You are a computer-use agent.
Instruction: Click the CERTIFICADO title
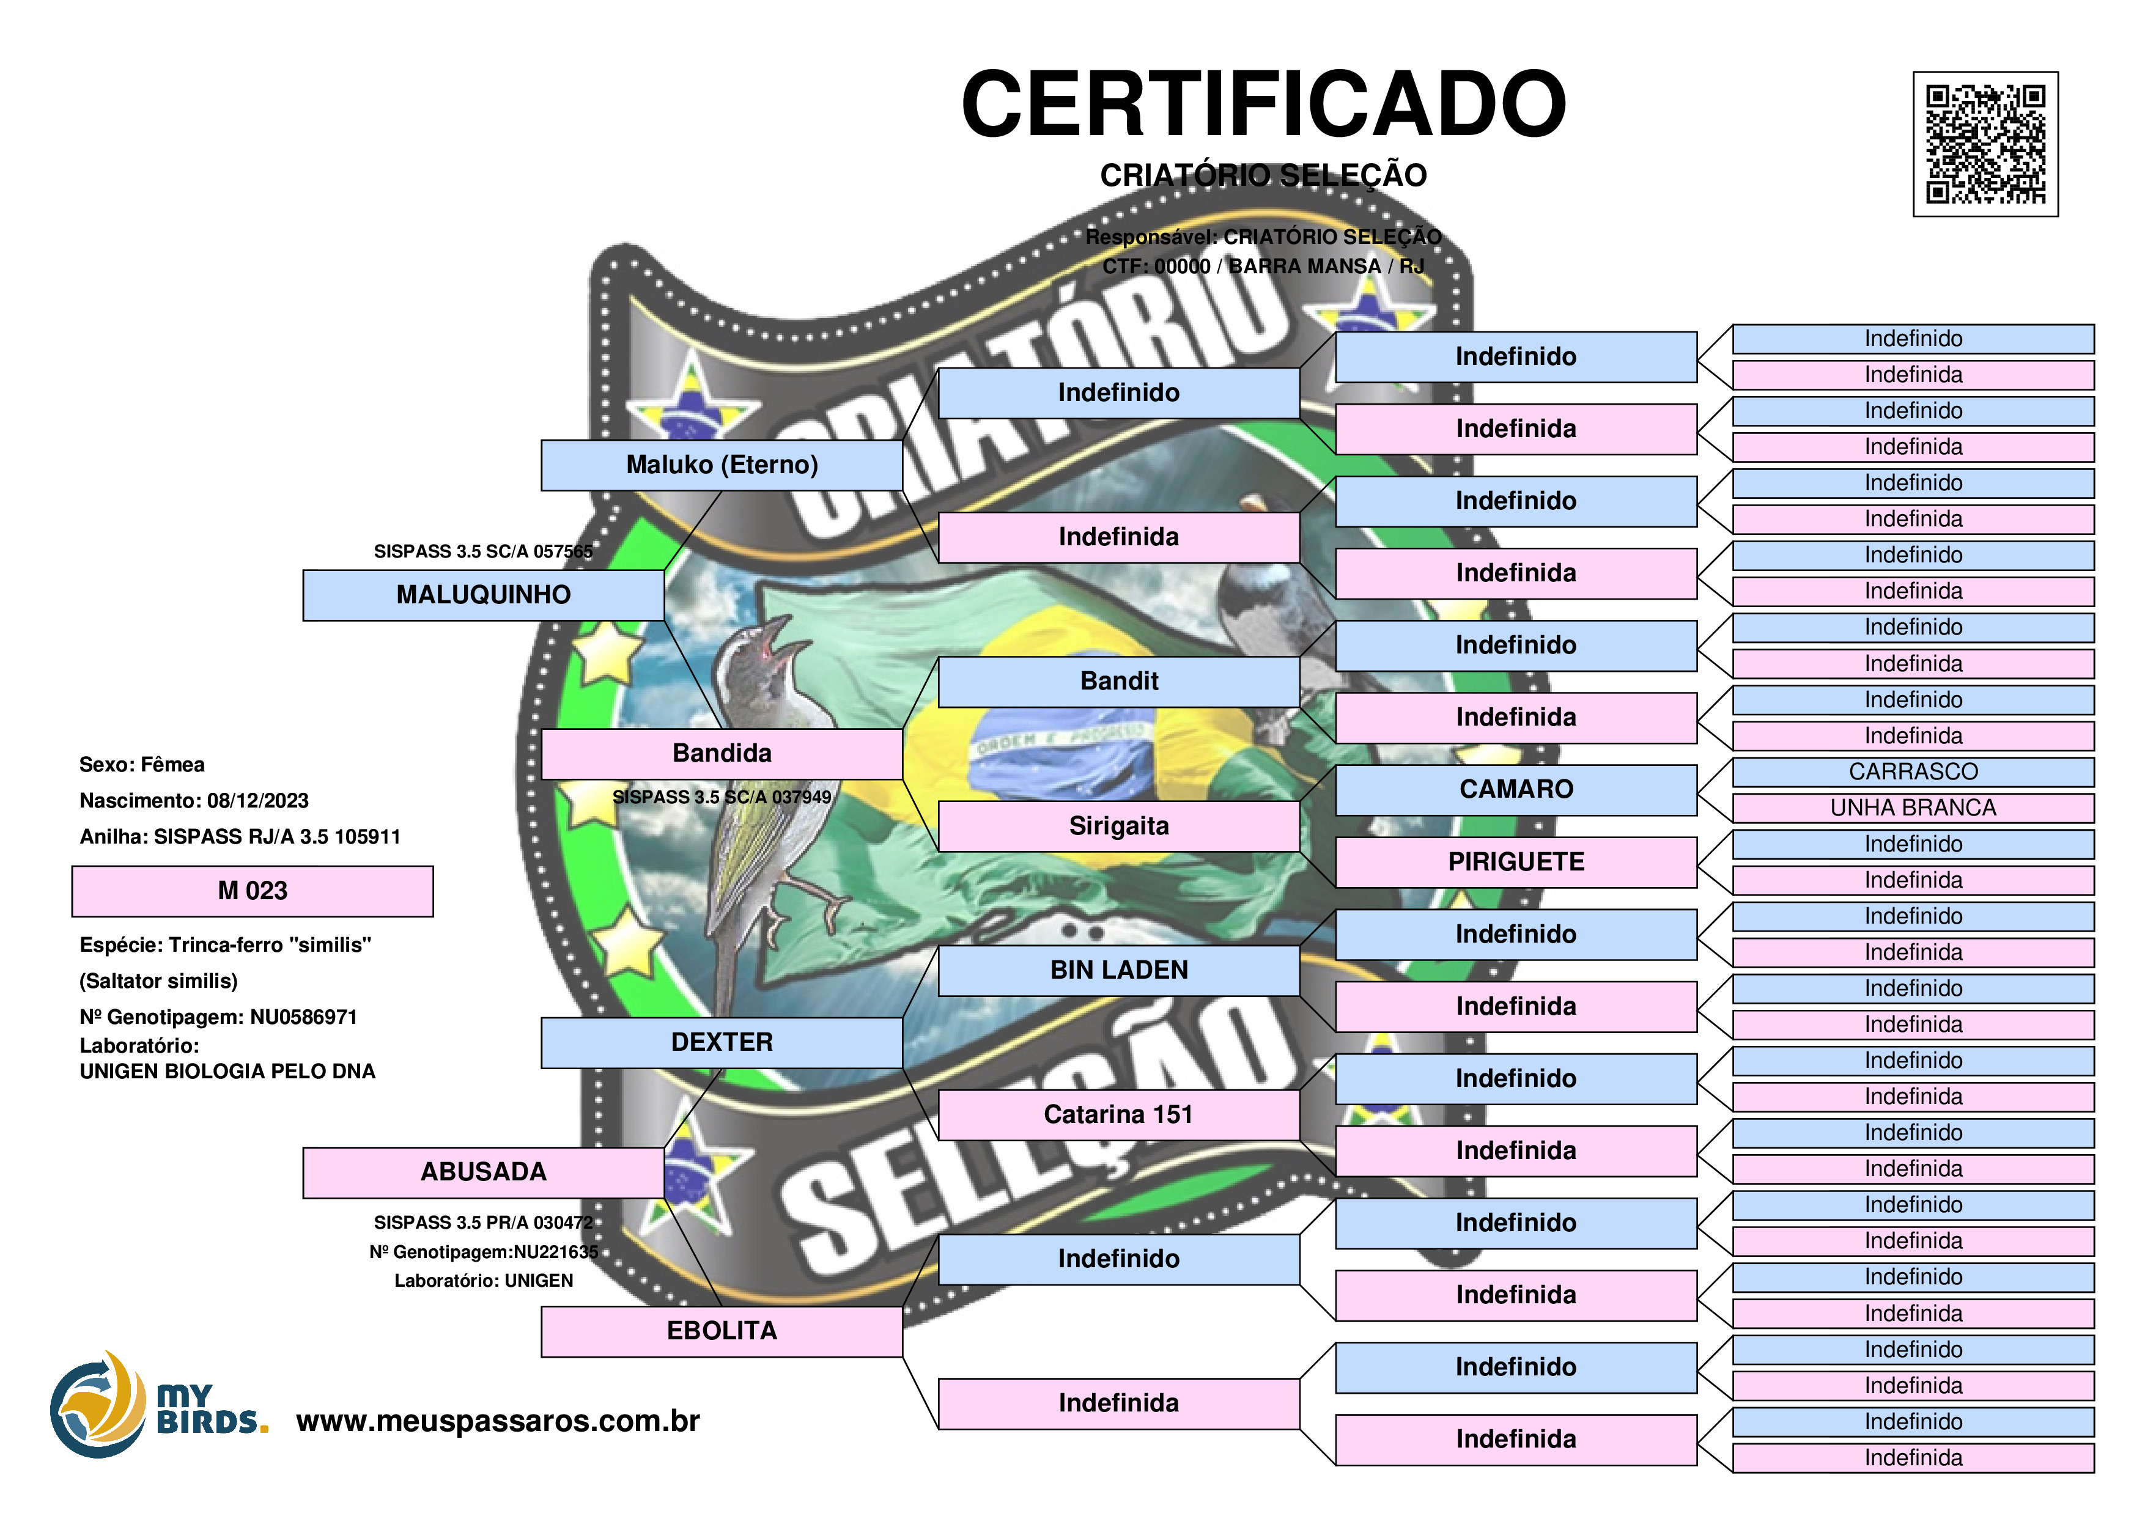(1263, 104)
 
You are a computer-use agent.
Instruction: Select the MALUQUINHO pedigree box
(483, 595)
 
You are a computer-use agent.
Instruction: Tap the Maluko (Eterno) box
(722, 465)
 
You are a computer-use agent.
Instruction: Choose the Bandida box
(722, 754)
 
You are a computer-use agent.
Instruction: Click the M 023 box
(253, 891)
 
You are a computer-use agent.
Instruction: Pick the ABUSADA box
(483, 1172)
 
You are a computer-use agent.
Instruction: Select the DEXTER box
(722, 1042)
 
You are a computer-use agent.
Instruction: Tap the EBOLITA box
(722, 1331)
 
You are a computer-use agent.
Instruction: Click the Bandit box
(1118, 682)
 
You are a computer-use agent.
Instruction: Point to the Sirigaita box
(1118, 826)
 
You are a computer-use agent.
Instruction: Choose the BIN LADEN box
(1118, 971)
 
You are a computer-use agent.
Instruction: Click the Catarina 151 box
(1118, 1114)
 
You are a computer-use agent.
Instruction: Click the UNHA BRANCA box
(1913, 808)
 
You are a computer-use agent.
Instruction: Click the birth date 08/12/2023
(258, 801)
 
